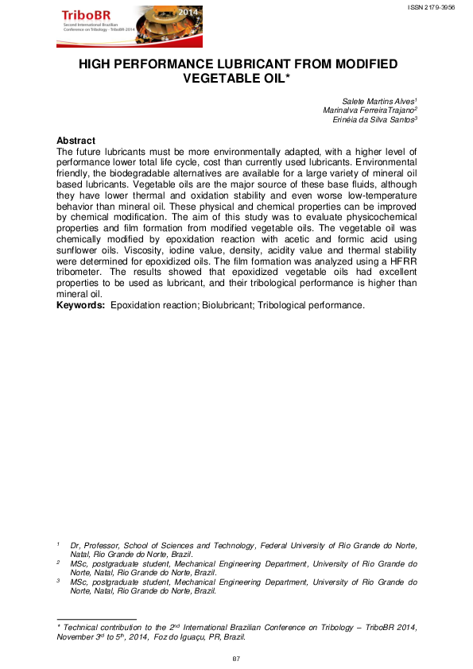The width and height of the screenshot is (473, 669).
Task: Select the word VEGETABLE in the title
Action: (x=229, y=79)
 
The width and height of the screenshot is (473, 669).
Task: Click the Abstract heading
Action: (x=76, y=141)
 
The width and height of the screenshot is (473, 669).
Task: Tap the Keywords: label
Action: (x=81, y=304)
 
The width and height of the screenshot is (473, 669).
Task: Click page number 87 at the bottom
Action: (x=236, y=659)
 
